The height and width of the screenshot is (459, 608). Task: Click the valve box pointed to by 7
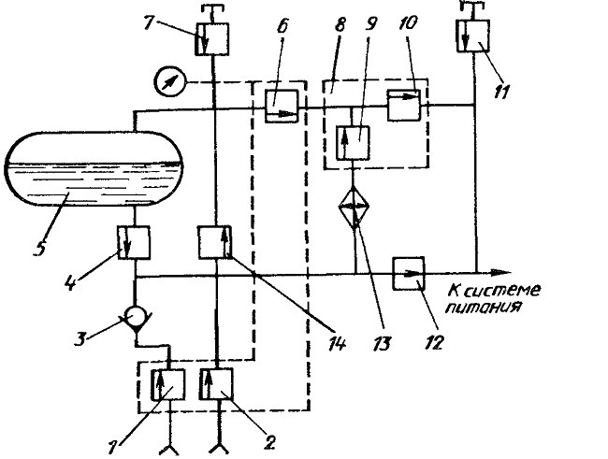click(211, 38)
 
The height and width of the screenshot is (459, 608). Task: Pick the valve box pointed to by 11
click(473, 36)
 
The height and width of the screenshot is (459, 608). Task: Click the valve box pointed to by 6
click(282, 106)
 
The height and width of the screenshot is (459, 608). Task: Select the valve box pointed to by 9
click(353, 143)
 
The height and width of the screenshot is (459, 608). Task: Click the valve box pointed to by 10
click(404, 105)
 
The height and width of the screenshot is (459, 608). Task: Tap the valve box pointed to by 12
click(409, 273)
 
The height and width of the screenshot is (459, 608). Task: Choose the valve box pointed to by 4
click(134, 243)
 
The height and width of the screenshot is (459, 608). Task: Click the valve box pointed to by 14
click(215, 242)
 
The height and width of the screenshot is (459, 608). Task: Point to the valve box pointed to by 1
click(167, 384)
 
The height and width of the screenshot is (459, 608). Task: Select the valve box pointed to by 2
click(216, 384)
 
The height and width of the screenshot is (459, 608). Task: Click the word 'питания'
click(483, 308)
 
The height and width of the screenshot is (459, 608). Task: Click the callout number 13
click(381, 343)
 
